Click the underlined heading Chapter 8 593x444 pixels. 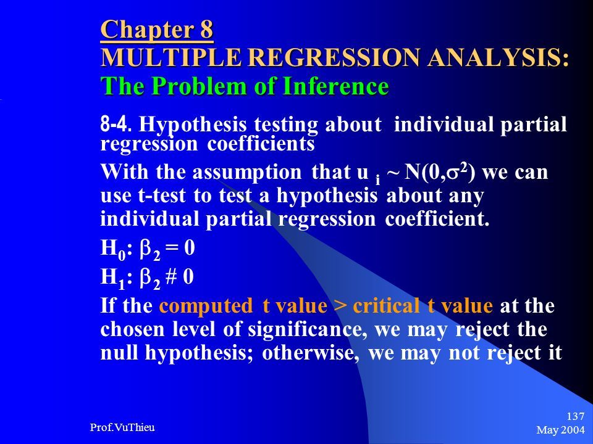[157, 30]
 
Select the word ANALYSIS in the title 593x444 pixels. [498, 58]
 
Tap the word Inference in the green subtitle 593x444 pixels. [336, 86]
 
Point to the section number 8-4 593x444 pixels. [116, 124]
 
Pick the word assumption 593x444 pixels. [247, 173]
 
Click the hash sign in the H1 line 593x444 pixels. [171, 276]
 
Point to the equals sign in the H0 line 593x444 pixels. [172, 248]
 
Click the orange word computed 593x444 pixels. [206, 306]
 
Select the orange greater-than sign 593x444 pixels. [340, 306]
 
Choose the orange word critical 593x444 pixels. [386, 305]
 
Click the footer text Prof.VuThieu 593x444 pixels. [122, 427]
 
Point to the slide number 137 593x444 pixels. [576, 416]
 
